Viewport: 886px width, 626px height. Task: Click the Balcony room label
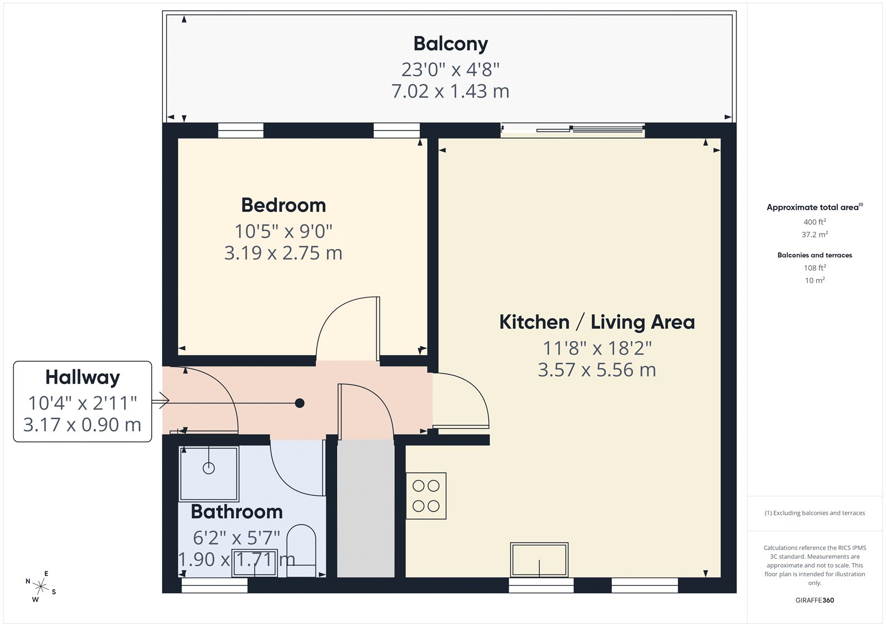(x=450, y=44)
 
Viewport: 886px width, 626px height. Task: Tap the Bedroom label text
(x=284, y=205)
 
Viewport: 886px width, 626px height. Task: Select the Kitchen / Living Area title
(x=596, y=322)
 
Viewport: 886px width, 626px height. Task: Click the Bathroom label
(x=236, y=511)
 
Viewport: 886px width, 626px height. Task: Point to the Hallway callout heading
(x=83, y=377)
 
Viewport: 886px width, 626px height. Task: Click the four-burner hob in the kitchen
(x=426, y=495)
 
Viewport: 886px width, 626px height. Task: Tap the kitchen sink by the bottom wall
(x=539, y=560)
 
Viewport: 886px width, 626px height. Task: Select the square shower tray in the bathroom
(x=209, y=474)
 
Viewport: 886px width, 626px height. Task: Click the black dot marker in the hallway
(x=300, y=403)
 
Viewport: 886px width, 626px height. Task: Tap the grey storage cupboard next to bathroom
(x=365, y=508)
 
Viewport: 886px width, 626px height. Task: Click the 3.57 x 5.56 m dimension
(x=596, y=370)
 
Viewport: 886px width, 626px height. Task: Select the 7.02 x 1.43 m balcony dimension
(x=450, y=91)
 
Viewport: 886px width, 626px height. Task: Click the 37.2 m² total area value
(x=815, y=235)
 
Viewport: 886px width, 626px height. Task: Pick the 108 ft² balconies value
(x=815, y=268)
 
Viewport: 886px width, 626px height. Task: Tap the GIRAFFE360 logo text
(x=815, y=600)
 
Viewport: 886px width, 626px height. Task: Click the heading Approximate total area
(x=812, y=208)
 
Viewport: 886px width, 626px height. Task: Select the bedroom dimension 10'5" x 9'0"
(x=284, y=231)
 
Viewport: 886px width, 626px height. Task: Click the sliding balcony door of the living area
(x=573, y=130)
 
